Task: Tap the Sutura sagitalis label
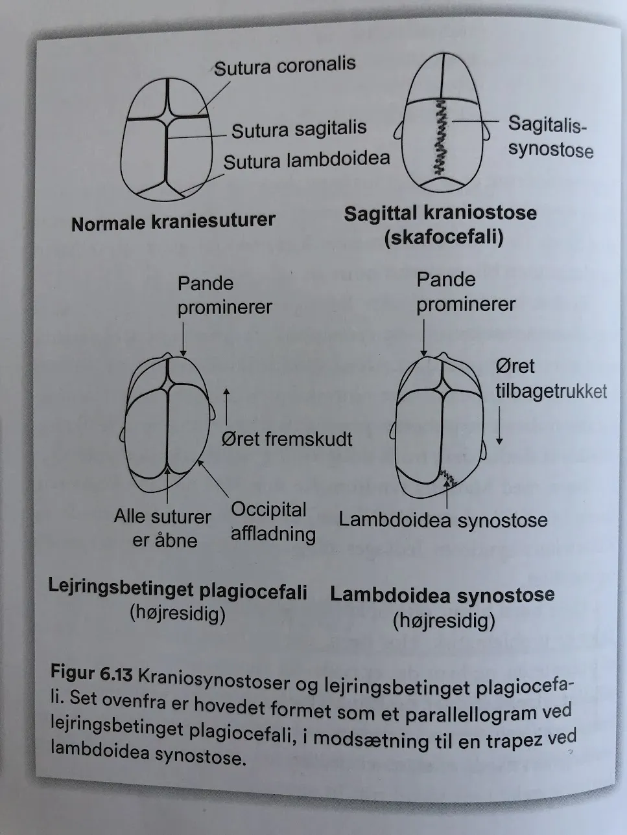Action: (299, 130)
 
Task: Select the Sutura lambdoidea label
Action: (307, 160)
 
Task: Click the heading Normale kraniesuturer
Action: (173, 222)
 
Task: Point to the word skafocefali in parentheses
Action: (444, 237)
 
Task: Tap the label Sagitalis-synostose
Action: (550, 137)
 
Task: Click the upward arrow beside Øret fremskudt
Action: (226, 407)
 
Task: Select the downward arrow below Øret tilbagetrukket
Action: (499, 425)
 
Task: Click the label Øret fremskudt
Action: (287, 439)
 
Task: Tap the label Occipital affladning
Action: (273, 521)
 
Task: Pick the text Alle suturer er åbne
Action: (163, 529)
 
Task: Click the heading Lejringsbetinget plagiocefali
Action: (178, 592)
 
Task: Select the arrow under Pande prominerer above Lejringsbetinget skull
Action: (183, 339)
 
